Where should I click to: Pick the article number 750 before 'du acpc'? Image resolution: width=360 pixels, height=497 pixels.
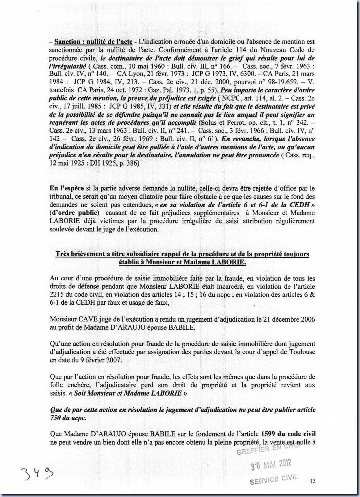[55, 418]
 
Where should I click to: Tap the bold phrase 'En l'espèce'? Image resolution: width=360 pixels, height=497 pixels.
[66, 188]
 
